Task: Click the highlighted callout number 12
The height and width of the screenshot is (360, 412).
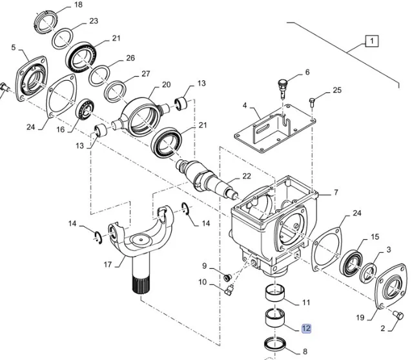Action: (x=306, y=328)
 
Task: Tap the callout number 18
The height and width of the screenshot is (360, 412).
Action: (x=78, y=5)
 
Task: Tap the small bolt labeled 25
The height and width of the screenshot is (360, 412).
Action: (x=313, y=100)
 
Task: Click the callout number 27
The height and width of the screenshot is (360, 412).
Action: (x=145, y=73)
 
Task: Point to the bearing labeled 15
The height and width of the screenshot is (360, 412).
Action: (x=353, y=261)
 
